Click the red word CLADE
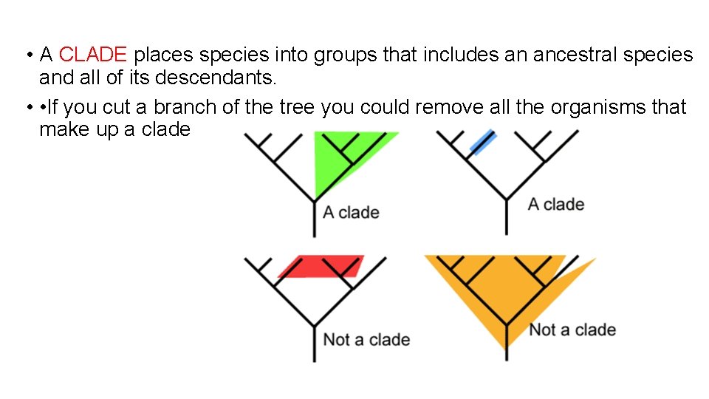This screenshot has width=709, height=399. point(94,55)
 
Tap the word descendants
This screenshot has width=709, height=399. point(231,77)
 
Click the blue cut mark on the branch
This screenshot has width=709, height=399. point(482,143)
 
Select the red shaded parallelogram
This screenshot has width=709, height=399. point(321,267)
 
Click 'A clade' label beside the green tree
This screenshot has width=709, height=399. point(351,213)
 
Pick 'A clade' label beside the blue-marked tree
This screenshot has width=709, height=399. point(555,205)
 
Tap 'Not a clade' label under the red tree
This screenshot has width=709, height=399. point(366,340)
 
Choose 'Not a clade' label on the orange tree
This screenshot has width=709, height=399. point(572,330)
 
